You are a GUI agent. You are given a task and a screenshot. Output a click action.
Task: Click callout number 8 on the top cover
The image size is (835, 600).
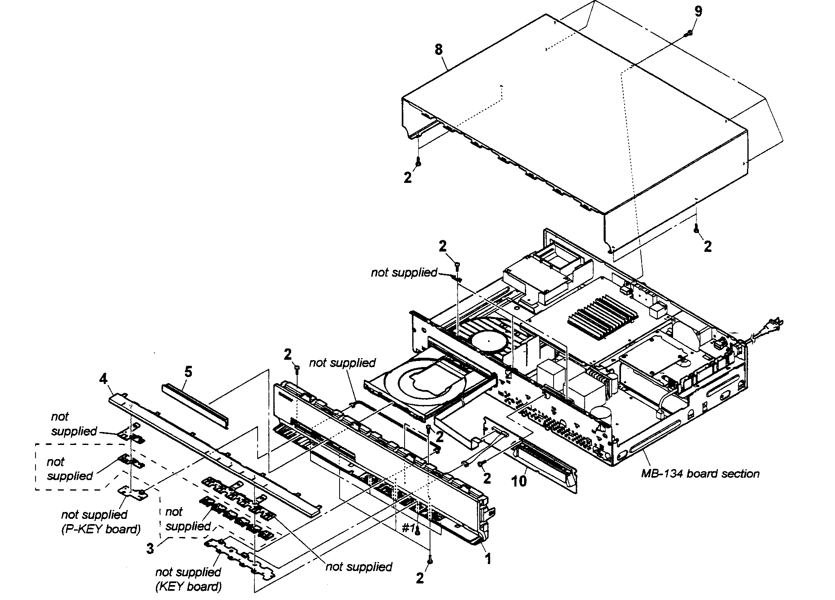[438, 50]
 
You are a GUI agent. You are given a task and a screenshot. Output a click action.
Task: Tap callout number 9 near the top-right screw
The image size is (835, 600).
[698, 11]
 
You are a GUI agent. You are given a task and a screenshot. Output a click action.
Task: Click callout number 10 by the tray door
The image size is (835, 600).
[519, 481]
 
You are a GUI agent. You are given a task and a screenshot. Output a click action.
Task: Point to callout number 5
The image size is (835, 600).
[188, 371]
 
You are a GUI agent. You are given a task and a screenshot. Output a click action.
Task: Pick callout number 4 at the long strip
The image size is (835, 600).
[103, 379]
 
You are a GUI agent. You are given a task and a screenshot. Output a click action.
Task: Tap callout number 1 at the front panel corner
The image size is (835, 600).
[488, 559]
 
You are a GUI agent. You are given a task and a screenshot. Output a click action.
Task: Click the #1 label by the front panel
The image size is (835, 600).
[409, 529]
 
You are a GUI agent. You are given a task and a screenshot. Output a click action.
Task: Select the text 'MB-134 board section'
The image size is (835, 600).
[700, 474]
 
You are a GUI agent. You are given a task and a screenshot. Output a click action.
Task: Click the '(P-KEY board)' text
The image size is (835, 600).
[101, 529]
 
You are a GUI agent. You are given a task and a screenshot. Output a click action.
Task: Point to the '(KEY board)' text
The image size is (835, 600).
[189, 586]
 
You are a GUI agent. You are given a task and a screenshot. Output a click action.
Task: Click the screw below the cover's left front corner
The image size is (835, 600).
[419, 162]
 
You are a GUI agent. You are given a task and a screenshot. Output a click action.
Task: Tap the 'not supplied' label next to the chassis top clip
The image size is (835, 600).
[404, 273]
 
